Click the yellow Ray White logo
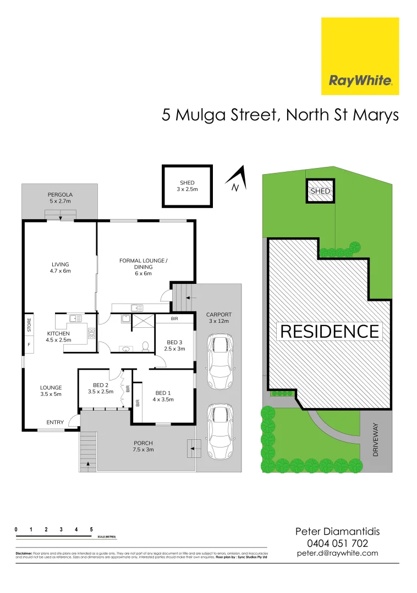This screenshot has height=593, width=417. tap(360, 56)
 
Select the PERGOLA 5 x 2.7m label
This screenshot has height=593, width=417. tap(60, 198)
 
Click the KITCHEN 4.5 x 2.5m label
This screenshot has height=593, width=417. tap(58, 337)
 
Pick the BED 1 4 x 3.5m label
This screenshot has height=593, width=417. tap(164, 396)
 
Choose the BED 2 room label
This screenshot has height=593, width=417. tap(100, 388)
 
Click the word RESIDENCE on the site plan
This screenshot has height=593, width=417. tap(330, 332)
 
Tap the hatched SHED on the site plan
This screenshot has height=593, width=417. tap(320, 191)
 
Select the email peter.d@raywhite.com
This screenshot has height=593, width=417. tap(337, 553)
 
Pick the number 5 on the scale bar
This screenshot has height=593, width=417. tap(91, 529)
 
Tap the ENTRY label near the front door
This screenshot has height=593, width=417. tap(55, 422)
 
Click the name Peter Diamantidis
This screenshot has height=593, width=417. tap(337, 531)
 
